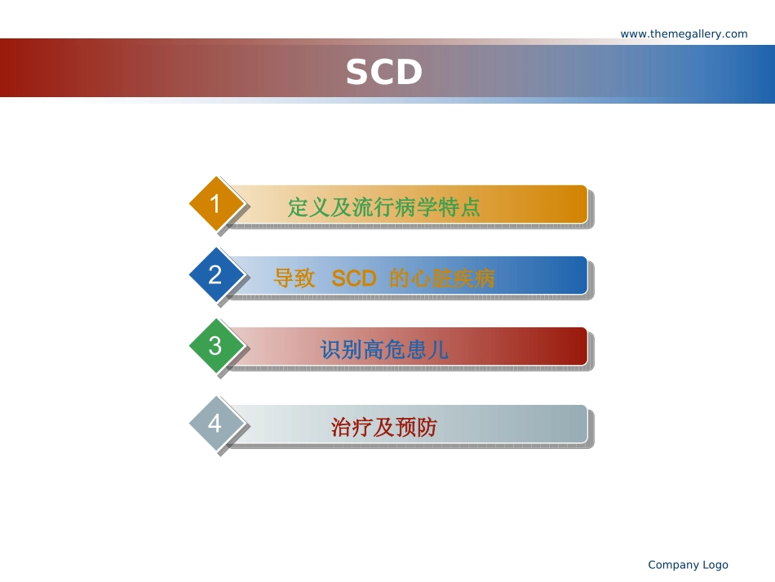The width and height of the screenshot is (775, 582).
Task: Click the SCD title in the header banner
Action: pyautogui.click(x=383, y=72)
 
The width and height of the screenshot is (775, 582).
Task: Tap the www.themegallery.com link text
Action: pyautogui.click(x=684, y=33)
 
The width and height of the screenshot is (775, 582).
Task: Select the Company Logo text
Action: pyautogui.click(x=688, y=565)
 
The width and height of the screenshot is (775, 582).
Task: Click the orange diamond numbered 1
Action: pyautogui.click(x=216, y=203)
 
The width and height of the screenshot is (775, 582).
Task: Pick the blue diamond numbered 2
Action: pyautogui.click(x=216, y=274)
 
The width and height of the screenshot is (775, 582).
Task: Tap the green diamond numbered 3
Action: pyautogui.click(x=216, y=345)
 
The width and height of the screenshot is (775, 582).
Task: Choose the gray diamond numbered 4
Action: pyautogui.click(x=216, y=424)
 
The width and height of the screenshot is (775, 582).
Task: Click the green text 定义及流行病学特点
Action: pyautogui.click(x=384, y=207)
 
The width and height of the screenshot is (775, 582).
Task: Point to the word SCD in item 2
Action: pyautogui.click(x=354, y=278)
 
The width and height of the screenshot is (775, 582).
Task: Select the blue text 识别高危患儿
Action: pyautogui.click(x=384, y=349)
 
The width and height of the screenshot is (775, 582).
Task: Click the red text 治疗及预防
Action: pyautogui.click(x=384, y=427)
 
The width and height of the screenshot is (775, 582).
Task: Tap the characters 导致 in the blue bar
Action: pyautogui.click(x=294, y=278)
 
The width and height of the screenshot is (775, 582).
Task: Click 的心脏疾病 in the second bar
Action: pyautogui.click(x=442, y=278)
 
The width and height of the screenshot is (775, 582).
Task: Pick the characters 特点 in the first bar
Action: pyautogui.click(x=459, y=207)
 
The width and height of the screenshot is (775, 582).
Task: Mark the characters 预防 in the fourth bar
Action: pyautogui.click(x=416, y=427)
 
